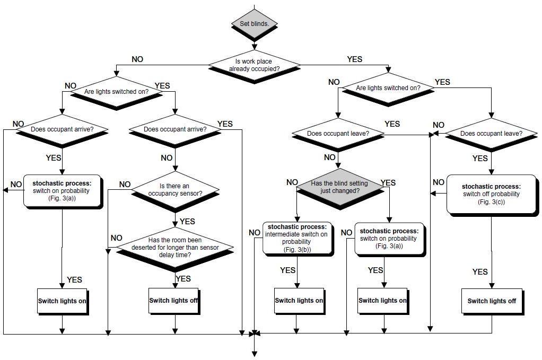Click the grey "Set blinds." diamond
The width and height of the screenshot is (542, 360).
[255, 24]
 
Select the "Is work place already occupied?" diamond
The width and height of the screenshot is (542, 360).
[254, 65]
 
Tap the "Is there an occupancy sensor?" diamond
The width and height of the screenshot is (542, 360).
[174, 190]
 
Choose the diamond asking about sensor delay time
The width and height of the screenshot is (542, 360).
[174, 248]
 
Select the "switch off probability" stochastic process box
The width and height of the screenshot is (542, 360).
[491, 194]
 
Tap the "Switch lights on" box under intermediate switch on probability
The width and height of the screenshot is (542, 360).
[299, 301]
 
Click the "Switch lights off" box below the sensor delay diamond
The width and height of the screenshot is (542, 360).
[174, 301]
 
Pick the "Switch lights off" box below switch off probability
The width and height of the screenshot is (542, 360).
[492, 301]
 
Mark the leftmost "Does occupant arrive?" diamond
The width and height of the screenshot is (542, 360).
[62, 129]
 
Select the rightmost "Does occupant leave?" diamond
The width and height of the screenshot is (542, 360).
[491, 134]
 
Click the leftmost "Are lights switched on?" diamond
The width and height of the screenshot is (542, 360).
[116, 92]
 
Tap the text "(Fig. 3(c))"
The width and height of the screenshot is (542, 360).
[491, 202]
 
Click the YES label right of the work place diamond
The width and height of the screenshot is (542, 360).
[354, 59]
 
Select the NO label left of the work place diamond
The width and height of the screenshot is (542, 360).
[137, 59]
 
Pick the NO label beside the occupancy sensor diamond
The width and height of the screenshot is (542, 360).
[125, 185]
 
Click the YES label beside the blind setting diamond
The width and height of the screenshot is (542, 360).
[388, 183]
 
